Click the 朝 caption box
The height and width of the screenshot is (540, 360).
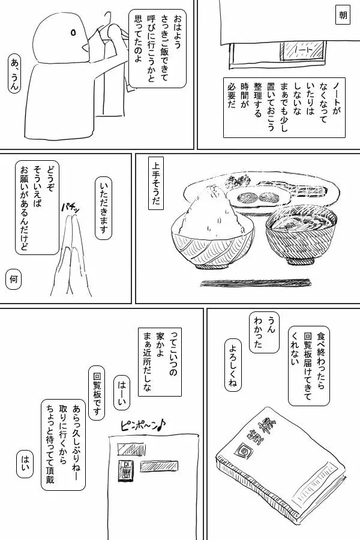coord(343,16)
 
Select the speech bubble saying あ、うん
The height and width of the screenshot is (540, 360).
coord(14,74)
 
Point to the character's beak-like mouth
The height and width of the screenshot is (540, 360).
coord(85,46)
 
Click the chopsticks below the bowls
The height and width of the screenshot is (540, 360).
coord(256,283)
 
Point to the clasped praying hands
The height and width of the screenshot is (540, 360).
coord(71,255)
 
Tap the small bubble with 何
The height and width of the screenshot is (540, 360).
coord(13,279)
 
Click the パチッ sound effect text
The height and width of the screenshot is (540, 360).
coord(71,208)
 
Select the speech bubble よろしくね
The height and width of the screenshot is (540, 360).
coord(233,366)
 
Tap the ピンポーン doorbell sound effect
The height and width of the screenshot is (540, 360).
coord(143,426)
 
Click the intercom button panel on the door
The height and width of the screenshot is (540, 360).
coord(124,471)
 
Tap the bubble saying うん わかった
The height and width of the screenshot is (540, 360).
coord(264,333)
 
